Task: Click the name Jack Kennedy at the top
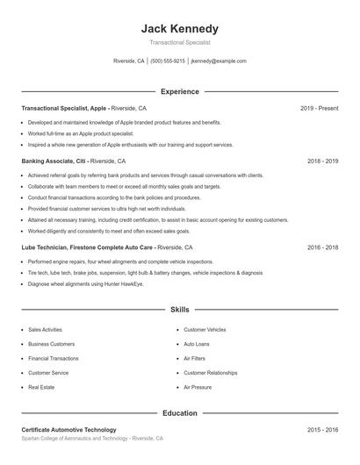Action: (x=180, y=29)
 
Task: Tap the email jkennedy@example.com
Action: (x=219, y=61)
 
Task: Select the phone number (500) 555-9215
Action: (x=168, y=61)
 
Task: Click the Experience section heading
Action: (x=180, y=91)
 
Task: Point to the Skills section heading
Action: (x=180, y=310)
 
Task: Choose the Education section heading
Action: (x=180, y=412)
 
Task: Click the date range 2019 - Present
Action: (x=319, y=108)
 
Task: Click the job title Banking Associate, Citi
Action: (x=54, y=161)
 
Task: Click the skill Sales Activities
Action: (x=46, y=330)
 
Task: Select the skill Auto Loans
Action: (x=197, y=344)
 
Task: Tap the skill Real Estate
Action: (x=41, y=387)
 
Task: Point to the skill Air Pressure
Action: (x=198, y=387)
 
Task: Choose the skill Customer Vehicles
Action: (x=205, y=330)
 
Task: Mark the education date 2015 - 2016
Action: (x=322, y=430)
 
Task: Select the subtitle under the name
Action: (x=180, y=42)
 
